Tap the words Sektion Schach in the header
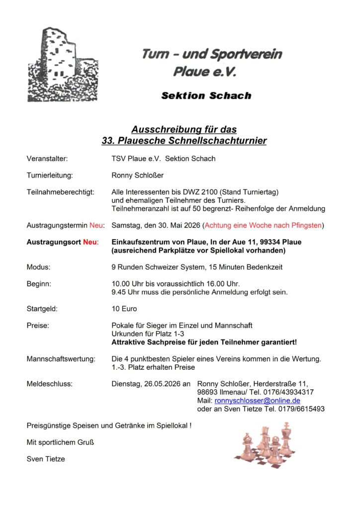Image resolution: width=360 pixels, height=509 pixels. coord(206,95)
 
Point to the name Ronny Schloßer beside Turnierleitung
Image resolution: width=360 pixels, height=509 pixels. coord(138,175)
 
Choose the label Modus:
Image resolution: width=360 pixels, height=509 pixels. coord(38,267)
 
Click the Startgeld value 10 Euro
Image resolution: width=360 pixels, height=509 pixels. coord(124,309)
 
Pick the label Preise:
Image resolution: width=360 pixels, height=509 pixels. coord(38,326)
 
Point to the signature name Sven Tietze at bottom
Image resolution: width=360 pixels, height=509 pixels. coord(46,459)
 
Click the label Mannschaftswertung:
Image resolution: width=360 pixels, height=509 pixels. coord(60,359)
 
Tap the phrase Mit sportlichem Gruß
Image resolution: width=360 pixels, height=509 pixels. coord(60,442)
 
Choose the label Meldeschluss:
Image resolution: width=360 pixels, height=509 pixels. coord(50,384)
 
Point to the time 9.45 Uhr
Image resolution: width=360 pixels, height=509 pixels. coord(127,292)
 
